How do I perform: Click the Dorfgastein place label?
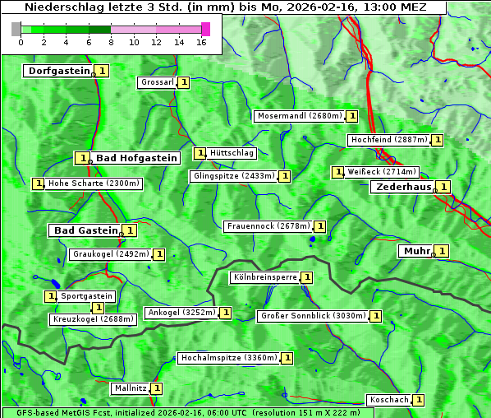(58, 71)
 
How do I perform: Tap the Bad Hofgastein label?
(135, 157)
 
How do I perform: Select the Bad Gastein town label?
(85, 230)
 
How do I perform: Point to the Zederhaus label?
(402, 187)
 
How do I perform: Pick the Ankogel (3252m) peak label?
(181, 313)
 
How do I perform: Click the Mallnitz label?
(130, 388)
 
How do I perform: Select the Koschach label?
(388, 400)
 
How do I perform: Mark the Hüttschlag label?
(232, 153)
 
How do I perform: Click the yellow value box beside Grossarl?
(184, 82)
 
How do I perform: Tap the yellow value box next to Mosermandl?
(352, 116)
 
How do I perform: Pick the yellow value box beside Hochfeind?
(438, 140)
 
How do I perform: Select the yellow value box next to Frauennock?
(320, 226)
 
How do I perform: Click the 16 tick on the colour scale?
(201, 42)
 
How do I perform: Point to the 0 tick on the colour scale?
(21, 42)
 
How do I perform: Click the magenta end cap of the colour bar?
(205, 29)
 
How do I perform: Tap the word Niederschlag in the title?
(60, 7)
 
